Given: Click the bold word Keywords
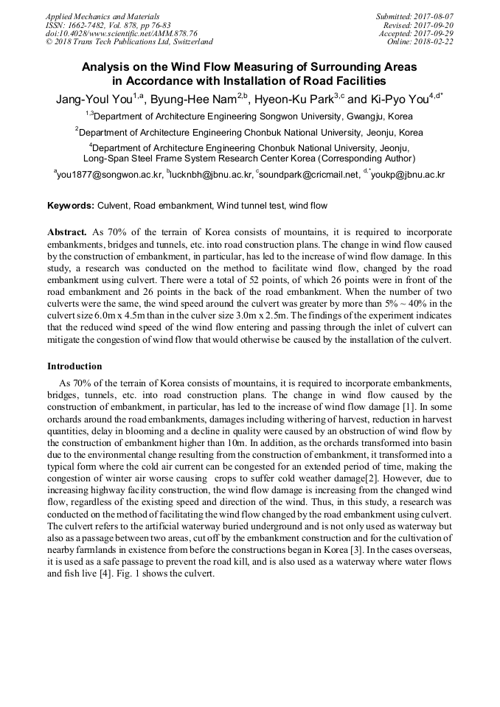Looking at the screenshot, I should (x=70, y=206).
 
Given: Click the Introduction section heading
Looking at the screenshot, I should (x=74, y=366).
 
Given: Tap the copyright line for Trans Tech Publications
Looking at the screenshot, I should (x=129, y=42).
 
